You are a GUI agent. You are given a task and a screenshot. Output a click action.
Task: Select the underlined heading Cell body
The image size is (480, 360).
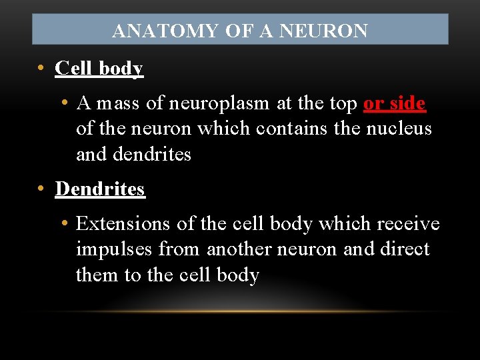99,69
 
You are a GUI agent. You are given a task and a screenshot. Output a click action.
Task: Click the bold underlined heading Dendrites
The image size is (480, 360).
100,189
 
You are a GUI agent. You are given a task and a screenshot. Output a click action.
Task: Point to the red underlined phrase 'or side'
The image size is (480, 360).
395,103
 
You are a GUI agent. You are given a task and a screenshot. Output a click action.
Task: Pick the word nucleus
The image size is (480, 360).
399,129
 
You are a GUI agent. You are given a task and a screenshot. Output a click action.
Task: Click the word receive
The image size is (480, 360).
409,224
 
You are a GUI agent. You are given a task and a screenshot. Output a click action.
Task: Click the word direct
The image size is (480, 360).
405,249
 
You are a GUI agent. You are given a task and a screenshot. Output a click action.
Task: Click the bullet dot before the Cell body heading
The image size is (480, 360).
41,69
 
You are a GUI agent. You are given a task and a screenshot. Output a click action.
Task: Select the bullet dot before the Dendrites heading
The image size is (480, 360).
41,189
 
